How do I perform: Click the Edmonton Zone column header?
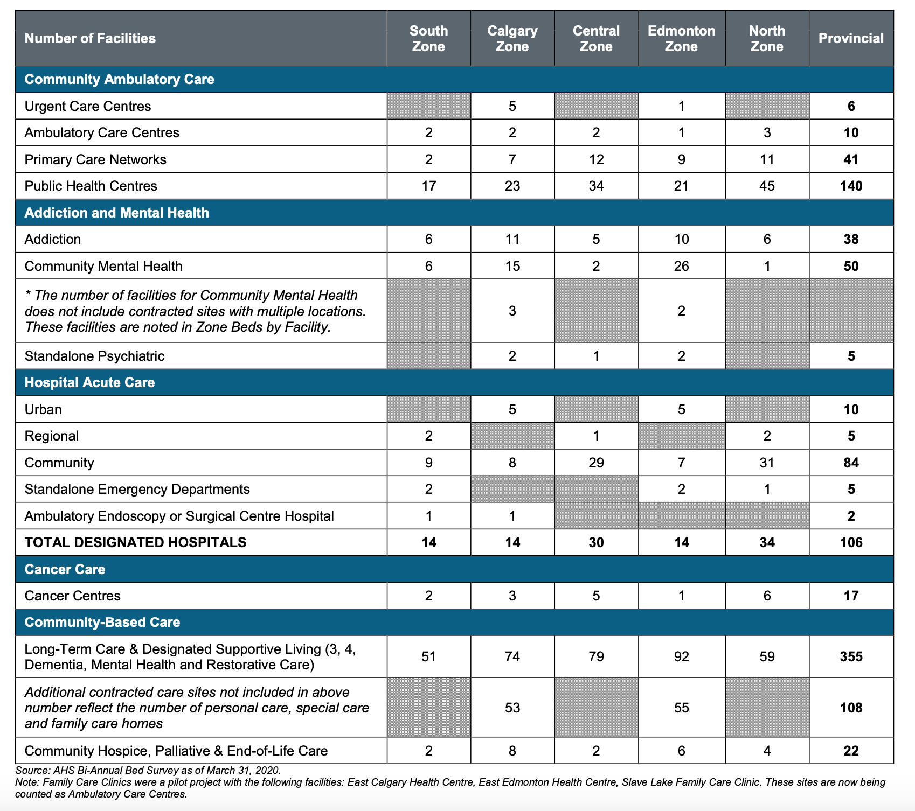tap(681, 38)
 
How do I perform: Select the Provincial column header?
tap(851, 38)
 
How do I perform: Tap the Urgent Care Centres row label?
tap(88, 106)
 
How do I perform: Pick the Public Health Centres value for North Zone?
tap(767, 186)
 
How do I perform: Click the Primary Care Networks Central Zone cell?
tap(596, 159)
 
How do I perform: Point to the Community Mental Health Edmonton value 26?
tap(681, 266)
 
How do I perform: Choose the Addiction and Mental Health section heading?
tap(117, 213)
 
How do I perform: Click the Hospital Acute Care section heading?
tap(90, 382)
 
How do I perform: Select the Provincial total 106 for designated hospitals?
tap(851, 542)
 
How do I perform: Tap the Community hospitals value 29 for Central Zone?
tap(596, 463)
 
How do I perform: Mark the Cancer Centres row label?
tap(73, 596)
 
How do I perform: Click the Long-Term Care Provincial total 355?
tap(851, 656)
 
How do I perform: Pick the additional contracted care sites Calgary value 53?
tap(512, 707)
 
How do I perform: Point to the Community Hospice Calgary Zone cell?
tap(512, 751)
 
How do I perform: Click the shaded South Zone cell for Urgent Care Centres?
tap(429, 106)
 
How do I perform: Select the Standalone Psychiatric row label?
tap(95, 356)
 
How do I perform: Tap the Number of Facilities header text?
tap(90, 38)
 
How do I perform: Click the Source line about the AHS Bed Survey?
tap(148, 770)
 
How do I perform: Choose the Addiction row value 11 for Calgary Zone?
tap(512, 239)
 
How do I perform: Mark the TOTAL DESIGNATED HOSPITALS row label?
tap(136, 542)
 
